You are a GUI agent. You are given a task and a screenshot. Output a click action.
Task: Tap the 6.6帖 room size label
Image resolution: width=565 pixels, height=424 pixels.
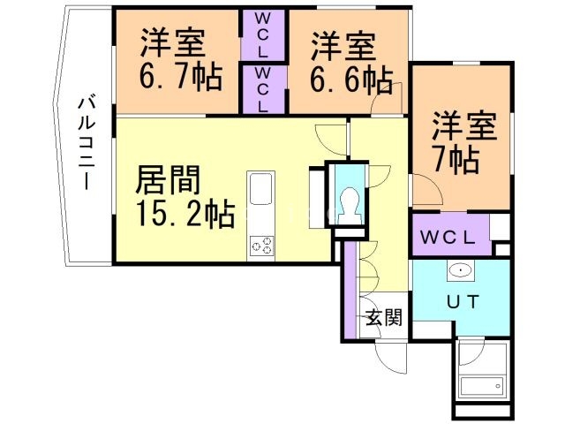pyautogui.click(x=350, y=79)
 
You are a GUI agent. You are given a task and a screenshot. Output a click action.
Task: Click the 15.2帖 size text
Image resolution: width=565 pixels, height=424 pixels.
pyautogui.click(x=185, y=213)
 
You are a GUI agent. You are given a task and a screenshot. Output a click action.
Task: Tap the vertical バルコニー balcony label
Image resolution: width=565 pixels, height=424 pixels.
pyautogui.click(x=87, y=141)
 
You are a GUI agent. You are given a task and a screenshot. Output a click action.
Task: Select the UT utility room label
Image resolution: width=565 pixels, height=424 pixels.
pyautogui.click(x=462, y=301)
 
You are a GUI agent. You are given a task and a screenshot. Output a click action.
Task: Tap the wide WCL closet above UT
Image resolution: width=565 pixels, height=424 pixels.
pyautogui.click(x=448, y=237)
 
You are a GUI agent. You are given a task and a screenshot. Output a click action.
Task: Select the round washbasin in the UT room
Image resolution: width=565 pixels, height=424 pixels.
pyautogui.click(x=459, y=271)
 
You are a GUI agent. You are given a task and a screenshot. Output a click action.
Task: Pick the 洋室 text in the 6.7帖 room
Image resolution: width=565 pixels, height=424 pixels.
pyautogui.click(x=172, y=42)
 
